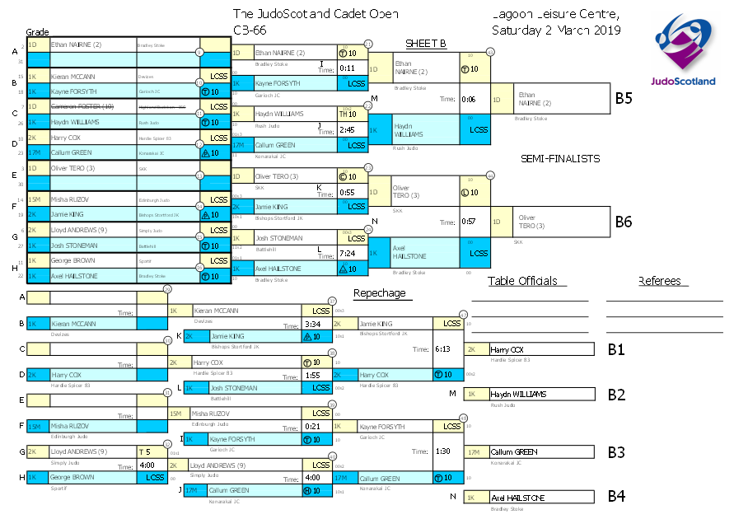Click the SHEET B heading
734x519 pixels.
[425, 44]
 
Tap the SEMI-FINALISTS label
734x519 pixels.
[559, 158]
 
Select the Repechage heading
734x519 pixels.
[378, 292]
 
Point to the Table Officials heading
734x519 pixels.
[527, 281]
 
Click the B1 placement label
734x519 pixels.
[616, 349]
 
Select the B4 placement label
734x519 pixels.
[616, 498]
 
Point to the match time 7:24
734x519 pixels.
[347, 254]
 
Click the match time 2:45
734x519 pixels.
[347, 130]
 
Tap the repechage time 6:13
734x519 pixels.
[443, 348]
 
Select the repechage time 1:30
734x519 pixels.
[443, 451]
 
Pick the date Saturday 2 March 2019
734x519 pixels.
[556, 30]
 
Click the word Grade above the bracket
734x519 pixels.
[36, 30]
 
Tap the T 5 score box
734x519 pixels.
[144, 451]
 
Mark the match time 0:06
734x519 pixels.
[469, 99]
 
